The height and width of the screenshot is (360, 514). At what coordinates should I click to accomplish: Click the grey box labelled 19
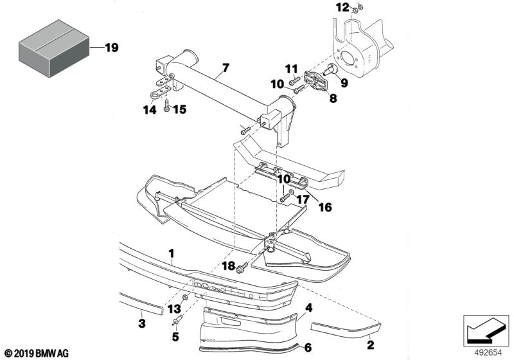[x=53, y=47]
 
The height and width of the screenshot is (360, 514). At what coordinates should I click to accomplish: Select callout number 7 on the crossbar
[x=225, y=67]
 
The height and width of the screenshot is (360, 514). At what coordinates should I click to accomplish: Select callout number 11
[x=291, y=69]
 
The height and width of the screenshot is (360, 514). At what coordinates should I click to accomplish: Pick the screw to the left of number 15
[x=166, y=107]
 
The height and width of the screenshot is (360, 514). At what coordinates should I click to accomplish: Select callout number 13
[x=174, y=309]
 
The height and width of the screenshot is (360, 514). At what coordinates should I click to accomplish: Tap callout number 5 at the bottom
[x=174, y=336]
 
